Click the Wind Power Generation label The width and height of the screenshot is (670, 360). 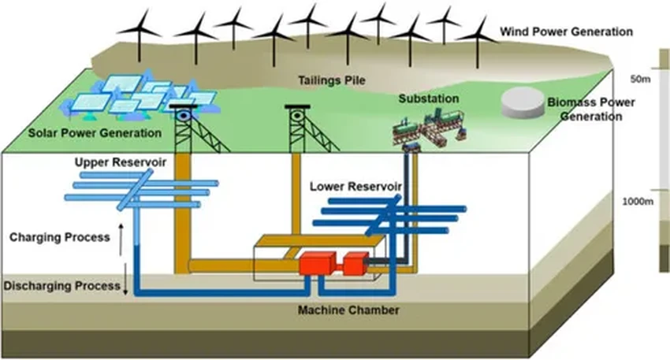pos(567,32)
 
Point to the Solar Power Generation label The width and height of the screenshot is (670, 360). pos(93,132)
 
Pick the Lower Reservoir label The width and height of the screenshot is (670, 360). pos(356,187)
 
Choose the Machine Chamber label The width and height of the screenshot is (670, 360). pos(348,310)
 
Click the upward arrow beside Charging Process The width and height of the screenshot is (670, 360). pos(121,236)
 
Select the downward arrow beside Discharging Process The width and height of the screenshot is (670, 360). pos(125,283)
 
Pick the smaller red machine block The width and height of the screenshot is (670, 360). pos(355,263)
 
